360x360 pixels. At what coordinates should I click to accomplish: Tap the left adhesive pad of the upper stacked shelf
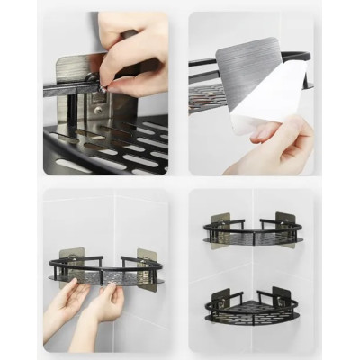tap(219, 225)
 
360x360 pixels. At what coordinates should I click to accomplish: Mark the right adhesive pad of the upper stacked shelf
tap(285, 224)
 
